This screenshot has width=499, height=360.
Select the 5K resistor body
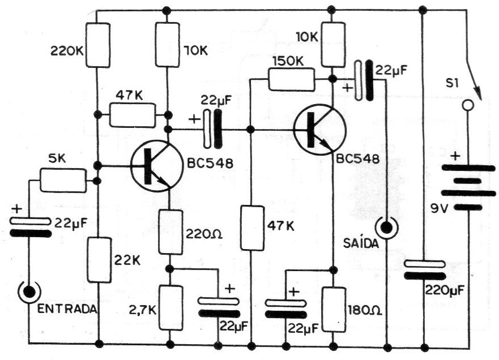tap(63, 181)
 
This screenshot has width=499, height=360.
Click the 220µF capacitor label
tap(445, 292)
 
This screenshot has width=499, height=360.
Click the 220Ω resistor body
tap(170, 232)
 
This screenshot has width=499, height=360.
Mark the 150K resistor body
tap(291, 80)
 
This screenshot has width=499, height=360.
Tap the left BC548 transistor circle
tap(155, 166)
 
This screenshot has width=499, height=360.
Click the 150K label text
tap(288, 61)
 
